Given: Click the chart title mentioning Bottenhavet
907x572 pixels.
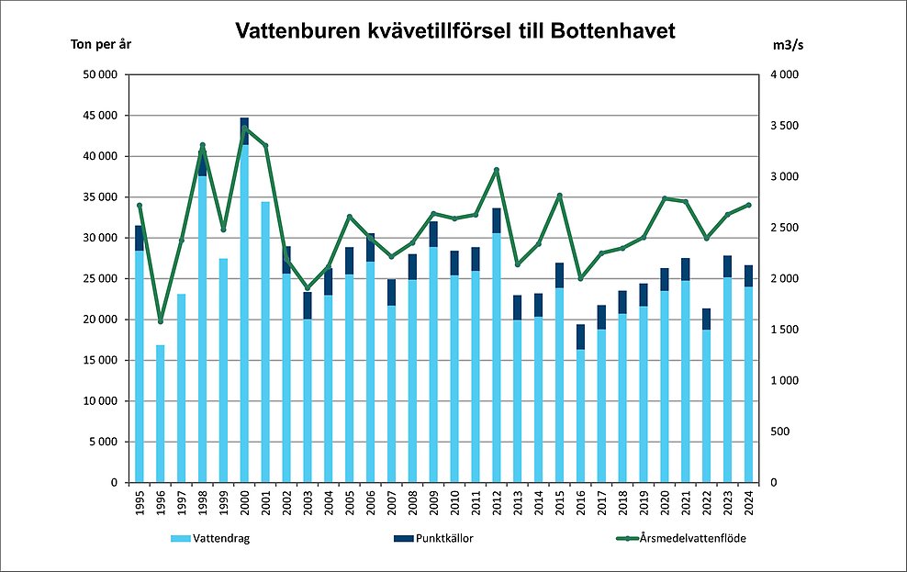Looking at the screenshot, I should [454, 31].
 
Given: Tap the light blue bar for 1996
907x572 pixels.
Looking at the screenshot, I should [161, 413].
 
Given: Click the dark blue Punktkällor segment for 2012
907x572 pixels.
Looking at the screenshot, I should [497, 220].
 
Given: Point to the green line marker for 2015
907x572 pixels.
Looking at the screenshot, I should [559, 196].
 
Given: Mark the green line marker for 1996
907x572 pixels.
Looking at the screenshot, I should [161, 321].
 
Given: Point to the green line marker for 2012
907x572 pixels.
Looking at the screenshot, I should [497, 170].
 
